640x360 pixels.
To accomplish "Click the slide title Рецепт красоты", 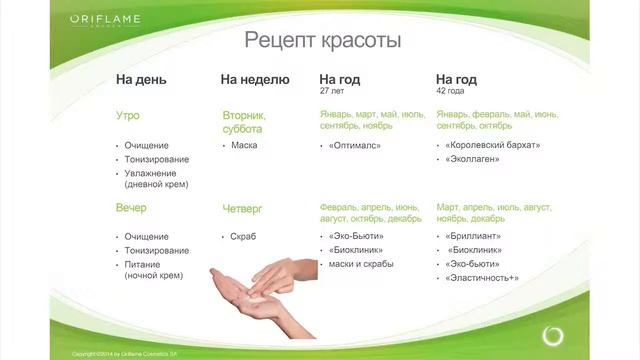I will tap(310, 41).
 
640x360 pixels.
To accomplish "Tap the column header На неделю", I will tap(255, 79).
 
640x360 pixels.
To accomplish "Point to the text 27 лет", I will tap(331, 91).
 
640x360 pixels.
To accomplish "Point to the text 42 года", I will tap(450, 91).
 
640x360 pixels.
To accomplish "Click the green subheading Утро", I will tap(130, 116).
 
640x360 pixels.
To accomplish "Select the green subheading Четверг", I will tap(242, 208).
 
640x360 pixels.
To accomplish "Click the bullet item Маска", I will tap(244, 145).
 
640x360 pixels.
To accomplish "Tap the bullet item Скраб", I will tap(245, 236).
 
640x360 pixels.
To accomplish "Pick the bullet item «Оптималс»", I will tap(351, 145).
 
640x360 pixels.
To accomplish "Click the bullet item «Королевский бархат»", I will tap(492, 145).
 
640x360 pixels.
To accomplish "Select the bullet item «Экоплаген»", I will tap(473, 159).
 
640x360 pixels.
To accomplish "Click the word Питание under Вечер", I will tap(143, 264).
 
